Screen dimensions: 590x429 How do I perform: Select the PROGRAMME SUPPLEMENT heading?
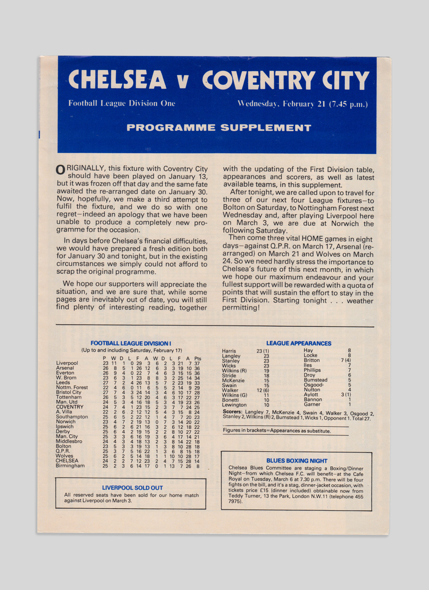click(219, 128)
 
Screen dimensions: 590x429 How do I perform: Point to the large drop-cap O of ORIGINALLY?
click(61, 170)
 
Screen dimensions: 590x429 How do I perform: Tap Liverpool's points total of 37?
click(197, 363)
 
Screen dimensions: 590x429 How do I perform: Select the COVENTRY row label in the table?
click(70, 407)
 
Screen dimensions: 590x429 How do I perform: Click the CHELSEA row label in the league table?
click(67, 460)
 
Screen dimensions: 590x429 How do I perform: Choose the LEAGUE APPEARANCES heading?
click(299, 343)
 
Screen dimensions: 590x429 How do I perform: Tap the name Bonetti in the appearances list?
click(230, 400)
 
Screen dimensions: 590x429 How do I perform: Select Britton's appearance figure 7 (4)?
click(346, 360)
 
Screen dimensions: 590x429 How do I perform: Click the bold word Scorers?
click(232, 412)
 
